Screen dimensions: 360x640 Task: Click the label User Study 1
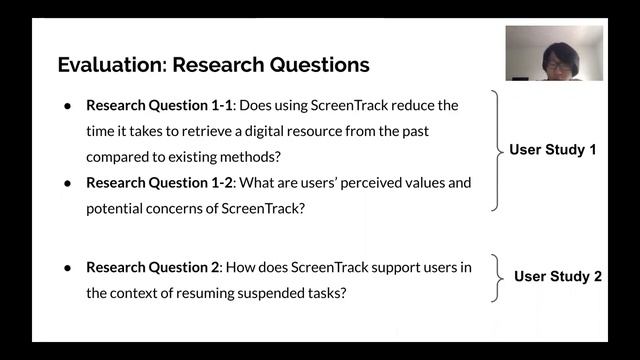click(x=553, y=150)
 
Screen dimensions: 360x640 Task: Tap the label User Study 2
click(x=557, y=276)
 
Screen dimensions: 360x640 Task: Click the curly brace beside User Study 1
click(x=495, y=150)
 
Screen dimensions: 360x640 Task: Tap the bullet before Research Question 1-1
click(x=67, y=105)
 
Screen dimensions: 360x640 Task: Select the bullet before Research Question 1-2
click(x=67, y=183)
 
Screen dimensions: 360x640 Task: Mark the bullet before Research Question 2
click(x=67, y=268)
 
